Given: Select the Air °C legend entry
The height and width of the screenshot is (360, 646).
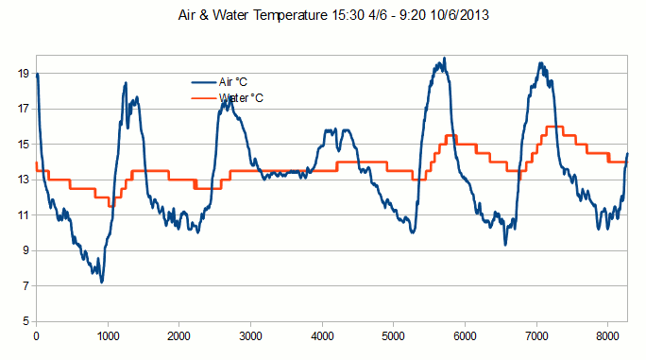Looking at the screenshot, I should [x=232, y=82].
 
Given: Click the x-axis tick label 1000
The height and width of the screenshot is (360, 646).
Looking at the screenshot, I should [x=108, y=334].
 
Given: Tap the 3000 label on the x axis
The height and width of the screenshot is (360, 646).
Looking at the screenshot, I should [x=251, y=334].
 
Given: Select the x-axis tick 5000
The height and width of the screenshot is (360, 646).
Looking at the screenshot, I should [x=394, y=334].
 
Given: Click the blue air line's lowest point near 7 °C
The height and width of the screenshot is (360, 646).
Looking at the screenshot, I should [x=101, y=282].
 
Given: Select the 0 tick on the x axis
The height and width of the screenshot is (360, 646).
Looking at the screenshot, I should [x=36, y=334].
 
